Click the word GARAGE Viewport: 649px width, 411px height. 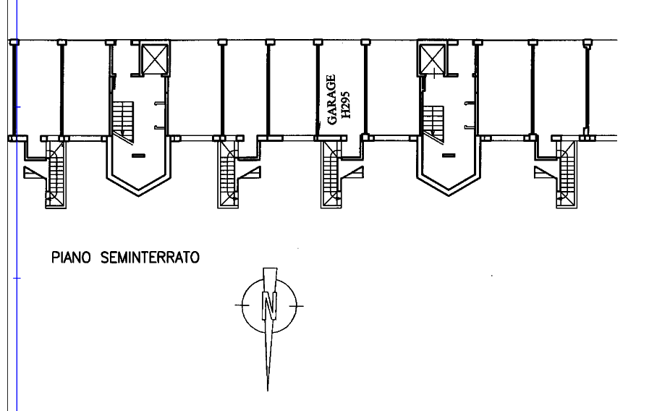tap(331, 99)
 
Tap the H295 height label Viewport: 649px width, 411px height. tap(346, 105)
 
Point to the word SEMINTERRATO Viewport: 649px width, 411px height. tap(150, 258)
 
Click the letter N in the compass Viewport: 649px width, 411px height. tap(269, 305)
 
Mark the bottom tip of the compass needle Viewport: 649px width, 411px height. tap(268, 390)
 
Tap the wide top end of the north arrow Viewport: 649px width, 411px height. tap(271, 269)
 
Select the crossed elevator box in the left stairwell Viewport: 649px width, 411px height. tap(155, 59)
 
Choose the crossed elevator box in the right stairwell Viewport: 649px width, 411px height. tap(432, 59)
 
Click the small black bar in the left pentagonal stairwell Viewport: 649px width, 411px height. tap(138, 156)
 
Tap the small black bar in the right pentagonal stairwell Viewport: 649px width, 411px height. tap(449, 156)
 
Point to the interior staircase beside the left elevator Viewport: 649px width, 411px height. tap(123, 120)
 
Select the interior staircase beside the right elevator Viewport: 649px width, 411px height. tap(433, 123)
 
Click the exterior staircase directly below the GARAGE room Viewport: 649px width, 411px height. tap(331, 174)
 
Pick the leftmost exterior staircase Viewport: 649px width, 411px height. tap(56, 174)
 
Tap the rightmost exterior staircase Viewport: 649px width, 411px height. tap(567, 174)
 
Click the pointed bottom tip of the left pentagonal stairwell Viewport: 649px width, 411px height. tap(139, 195)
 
